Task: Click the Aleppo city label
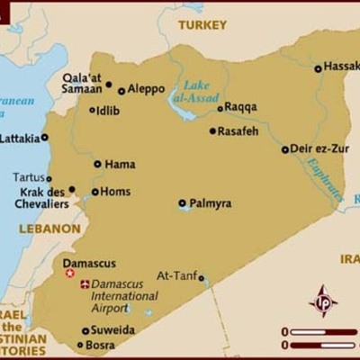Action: click(x=147, y=89)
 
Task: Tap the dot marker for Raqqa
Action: click(x=220, y=108)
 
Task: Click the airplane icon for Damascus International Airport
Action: click(x=85, y=284)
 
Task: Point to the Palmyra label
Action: click(x=210, y=203)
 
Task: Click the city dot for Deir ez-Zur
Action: click(x=285, y=150)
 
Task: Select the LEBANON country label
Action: click(x=49, y=229)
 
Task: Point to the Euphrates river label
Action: click(x=323, y=178)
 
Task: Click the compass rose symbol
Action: click(x=323, y=301)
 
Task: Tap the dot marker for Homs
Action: click(x=95, y=192)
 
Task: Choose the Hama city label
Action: click(x=120, y=165)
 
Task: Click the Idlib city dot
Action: click(x=92, y=111)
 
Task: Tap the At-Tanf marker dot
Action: click(x=202, y=278)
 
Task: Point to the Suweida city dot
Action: click(x=85, y=330)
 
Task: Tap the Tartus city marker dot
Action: click(x=49, y=178)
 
